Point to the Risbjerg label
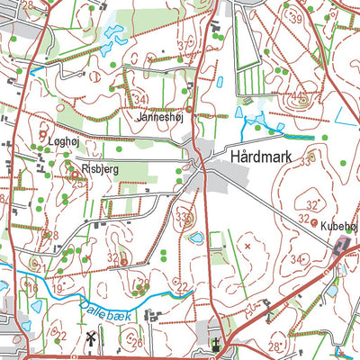coord(100,168)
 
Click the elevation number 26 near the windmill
coord(137,342)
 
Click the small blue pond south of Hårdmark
coord(195,238)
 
